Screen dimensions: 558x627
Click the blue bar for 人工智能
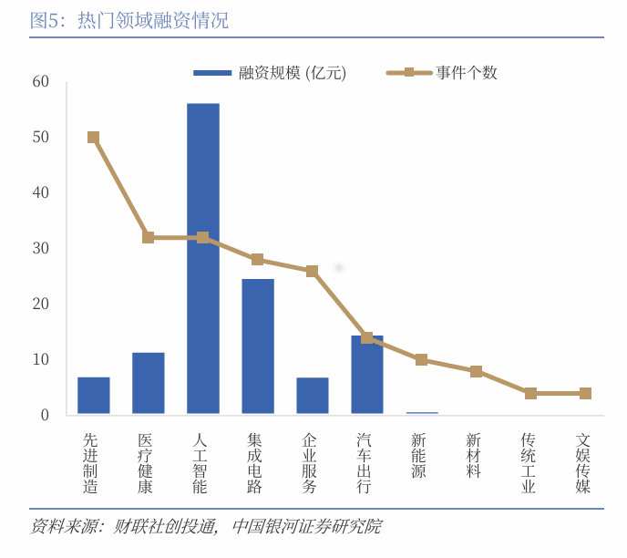pyautogui.click(x=202, y=259)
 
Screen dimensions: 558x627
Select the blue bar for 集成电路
pyautogui.click(x=258, y=346)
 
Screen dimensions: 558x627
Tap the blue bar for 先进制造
pyautogui.click(x=94, y=396)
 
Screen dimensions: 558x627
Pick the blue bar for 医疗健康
pyautogui.click(x=149, y=383)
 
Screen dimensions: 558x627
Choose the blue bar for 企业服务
pyautogui.click(x=313, y=396)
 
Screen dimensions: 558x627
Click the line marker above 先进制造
pyautogui.click(x=94, y=138)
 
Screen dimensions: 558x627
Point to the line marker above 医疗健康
pyautogui.click(x=149, y=237)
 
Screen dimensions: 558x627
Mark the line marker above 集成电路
pyautogui.click(x=258, y=260)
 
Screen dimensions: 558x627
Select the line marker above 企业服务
pyautogui.click(x=313, y=271)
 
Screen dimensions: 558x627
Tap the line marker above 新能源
pyautogui.click(x=422, y=360)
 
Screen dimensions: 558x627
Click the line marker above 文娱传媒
pyautogui.click(x=585, y=393)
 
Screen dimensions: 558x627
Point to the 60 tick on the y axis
pyautogui.click(x=40, y=82)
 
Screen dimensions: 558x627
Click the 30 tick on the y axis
pyautogui.click(x=40, y=249)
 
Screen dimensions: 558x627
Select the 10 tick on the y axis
pyautogui.click(x=40, y=359)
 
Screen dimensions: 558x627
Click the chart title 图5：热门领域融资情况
pyautogui.click(x=128, y=20)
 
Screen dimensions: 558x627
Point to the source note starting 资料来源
pyautogui.click(x=205, y=527)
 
